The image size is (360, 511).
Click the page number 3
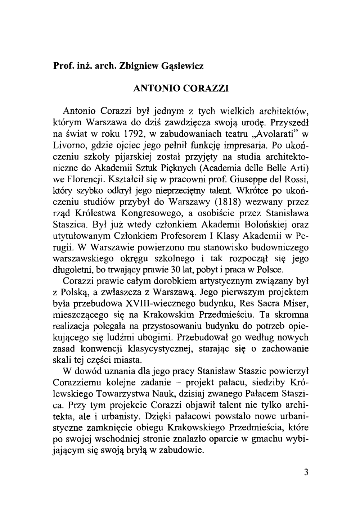pos(305,472)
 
